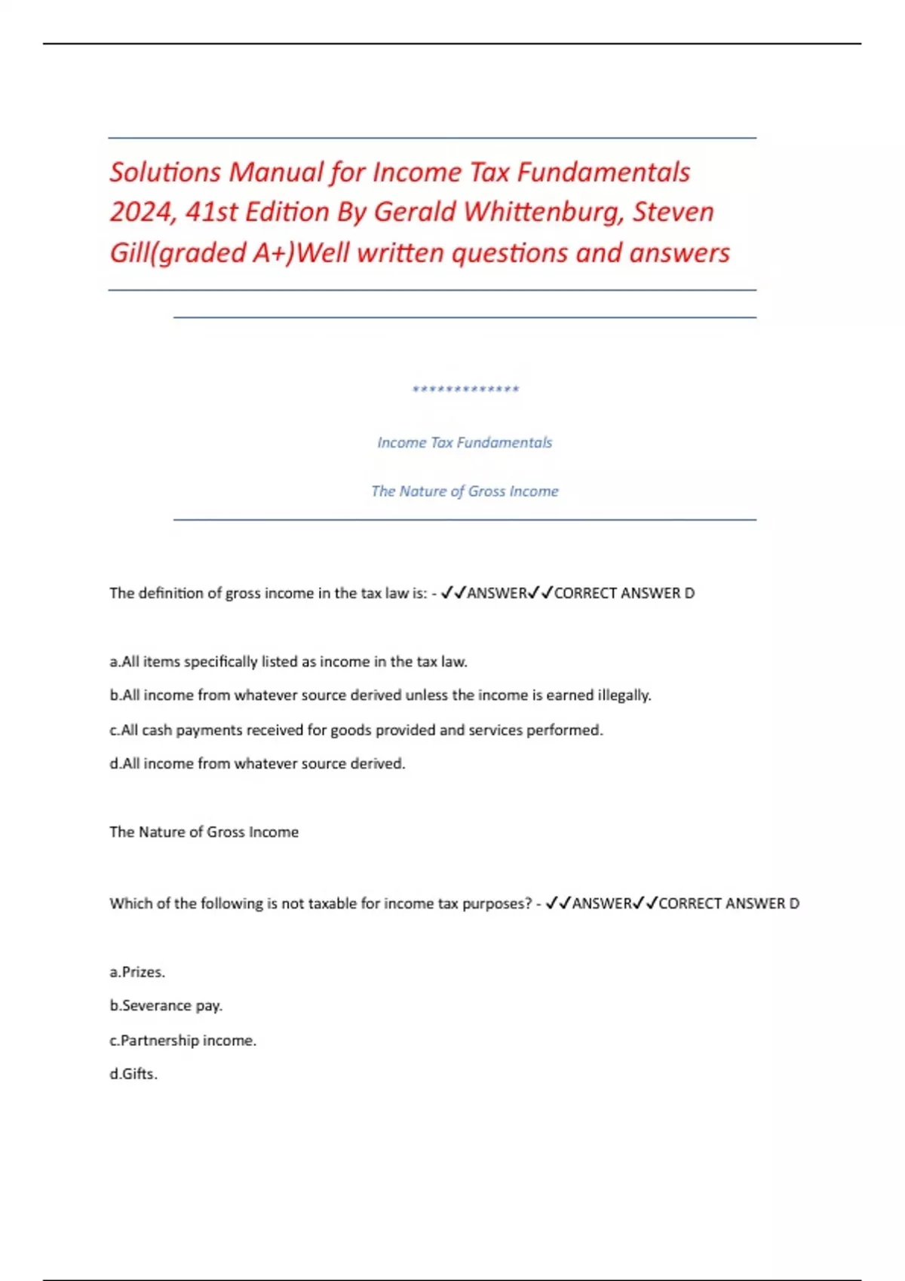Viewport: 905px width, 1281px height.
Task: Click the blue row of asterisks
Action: click(x=465, y=390)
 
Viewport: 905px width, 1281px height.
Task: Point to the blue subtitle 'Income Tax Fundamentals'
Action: click(x=465, y=442)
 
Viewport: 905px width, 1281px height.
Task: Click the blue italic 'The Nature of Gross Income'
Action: click(x=465, y=491)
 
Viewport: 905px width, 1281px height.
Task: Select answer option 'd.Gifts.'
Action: click(x=133, y=1074)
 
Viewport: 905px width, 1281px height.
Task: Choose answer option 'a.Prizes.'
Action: click(x=137, y=972)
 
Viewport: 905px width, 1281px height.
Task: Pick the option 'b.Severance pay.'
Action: click(x=166, y=1005)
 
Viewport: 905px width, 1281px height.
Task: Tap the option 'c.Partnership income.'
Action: click(x=183, y=1040)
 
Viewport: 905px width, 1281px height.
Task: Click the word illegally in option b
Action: click(x=624, y=695)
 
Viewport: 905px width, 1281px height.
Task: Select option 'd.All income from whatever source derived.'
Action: click(x=257, y=763)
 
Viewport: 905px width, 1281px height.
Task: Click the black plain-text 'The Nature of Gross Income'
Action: click(x=204, y=832)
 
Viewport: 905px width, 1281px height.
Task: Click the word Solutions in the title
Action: click(x=165, y=172)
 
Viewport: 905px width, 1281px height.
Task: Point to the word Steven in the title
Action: click(x=673, y=212)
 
